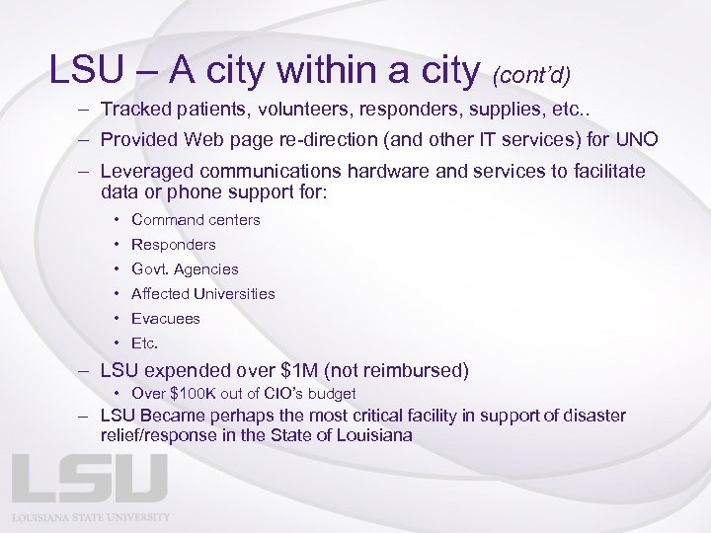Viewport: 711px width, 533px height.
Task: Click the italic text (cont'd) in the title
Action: tap(531, 74)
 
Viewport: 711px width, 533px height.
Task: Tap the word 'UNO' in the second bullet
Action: tap(636, 139)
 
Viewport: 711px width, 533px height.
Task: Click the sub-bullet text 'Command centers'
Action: tap(196, 219)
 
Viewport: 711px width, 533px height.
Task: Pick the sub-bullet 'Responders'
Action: tap(173, 244)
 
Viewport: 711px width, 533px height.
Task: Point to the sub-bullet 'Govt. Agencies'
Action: tap(185, 268)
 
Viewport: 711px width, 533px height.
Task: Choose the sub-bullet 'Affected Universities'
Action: tap(202, 293)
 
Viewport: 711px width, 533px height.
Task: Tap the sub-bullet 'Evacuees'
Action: tap(165, 318)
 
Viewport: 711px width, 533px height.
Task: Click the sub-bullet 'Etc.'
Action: tap(144, 343)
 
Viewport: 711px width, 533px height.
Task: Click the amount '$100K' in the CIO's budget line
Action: tap(192, 394)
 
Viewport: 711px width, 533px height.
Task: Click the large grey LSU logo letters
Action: tap(90, 479)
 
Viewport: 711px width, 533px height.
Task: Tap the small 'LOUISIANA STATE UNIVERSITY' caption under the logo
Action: tap(91, 516)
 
